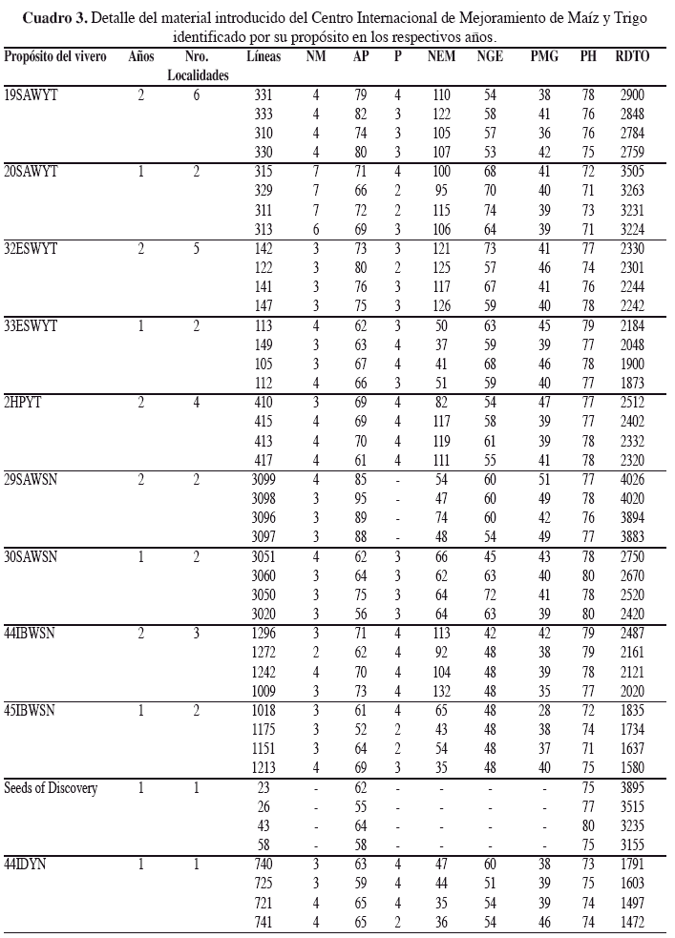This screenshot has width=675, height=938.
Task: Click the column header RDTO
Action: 632,57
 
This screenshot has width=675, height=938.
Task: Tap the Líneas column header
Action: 263,57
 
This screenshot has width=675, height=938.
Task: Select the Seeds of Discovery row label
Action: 51,788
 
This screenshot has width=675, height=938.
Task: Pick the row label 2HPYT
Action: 26,402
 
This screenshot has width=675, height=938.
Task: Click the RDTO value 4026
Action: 632,479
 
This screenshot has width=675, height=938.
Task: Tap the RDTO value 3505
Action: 632,171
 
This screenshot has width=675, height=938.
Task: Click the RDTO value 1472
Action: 632,923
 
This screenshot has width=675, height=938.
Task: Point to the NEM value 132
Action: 440,691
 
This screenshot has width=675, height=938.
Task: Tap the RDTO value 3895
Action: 632,788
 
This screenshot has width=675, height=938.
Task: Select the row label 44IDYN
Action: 28,865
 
